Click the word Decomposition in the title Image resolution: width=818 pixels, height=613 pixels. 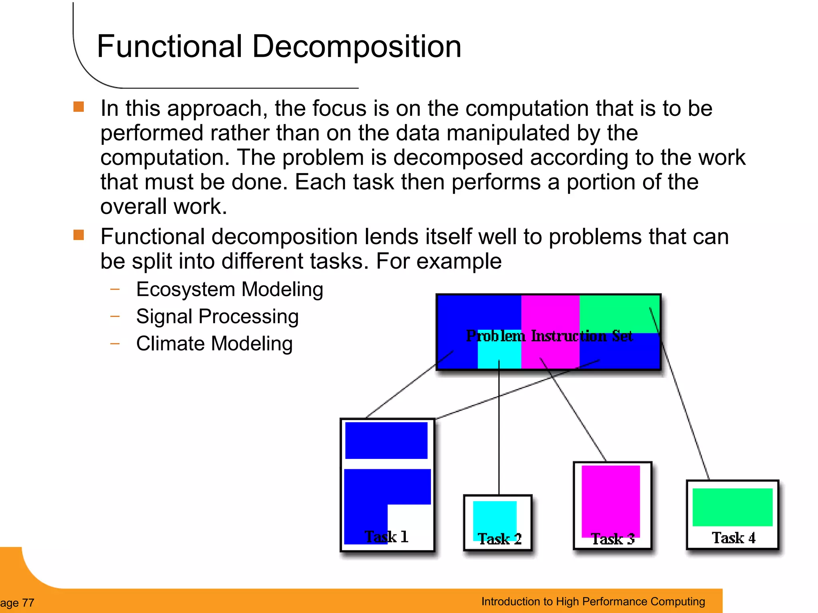point(357,47)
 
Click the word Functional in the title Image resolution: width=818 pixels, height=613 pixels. point(170,46)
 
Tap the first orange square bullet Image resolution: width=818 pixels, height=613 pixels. point(79,107)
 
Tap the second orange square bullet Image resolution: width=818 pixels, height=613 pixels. point(79,235)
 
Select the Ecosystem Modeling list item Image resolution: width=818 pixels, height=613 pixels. point(229,289)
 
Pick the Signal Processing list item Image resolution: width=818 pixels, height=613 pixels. point(217,316)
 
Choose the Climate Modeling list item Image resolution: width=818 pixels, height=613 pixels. point(214,344)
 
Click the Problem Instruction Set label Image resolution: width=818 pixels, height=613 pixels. point(549,336)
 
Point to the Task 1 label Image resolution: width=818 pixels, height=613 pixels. point(386,537)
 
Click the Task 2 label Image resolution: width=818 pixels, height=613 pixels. point(499,539)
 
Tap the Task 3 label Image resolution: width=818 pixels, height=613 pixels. point(612,539)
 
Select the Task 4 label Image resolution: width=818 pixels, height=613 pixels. point(733,538)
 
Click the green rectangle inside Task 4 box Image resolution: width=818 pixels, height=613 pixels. point(732,507)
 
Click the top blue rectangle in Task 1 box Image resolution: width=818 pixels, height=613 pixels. point(386,440)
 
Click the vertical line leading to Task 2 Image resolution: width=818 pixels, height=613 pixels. point(499,431)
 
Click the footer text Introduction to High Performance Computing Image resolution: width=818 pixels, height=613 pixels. point(593,601)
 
